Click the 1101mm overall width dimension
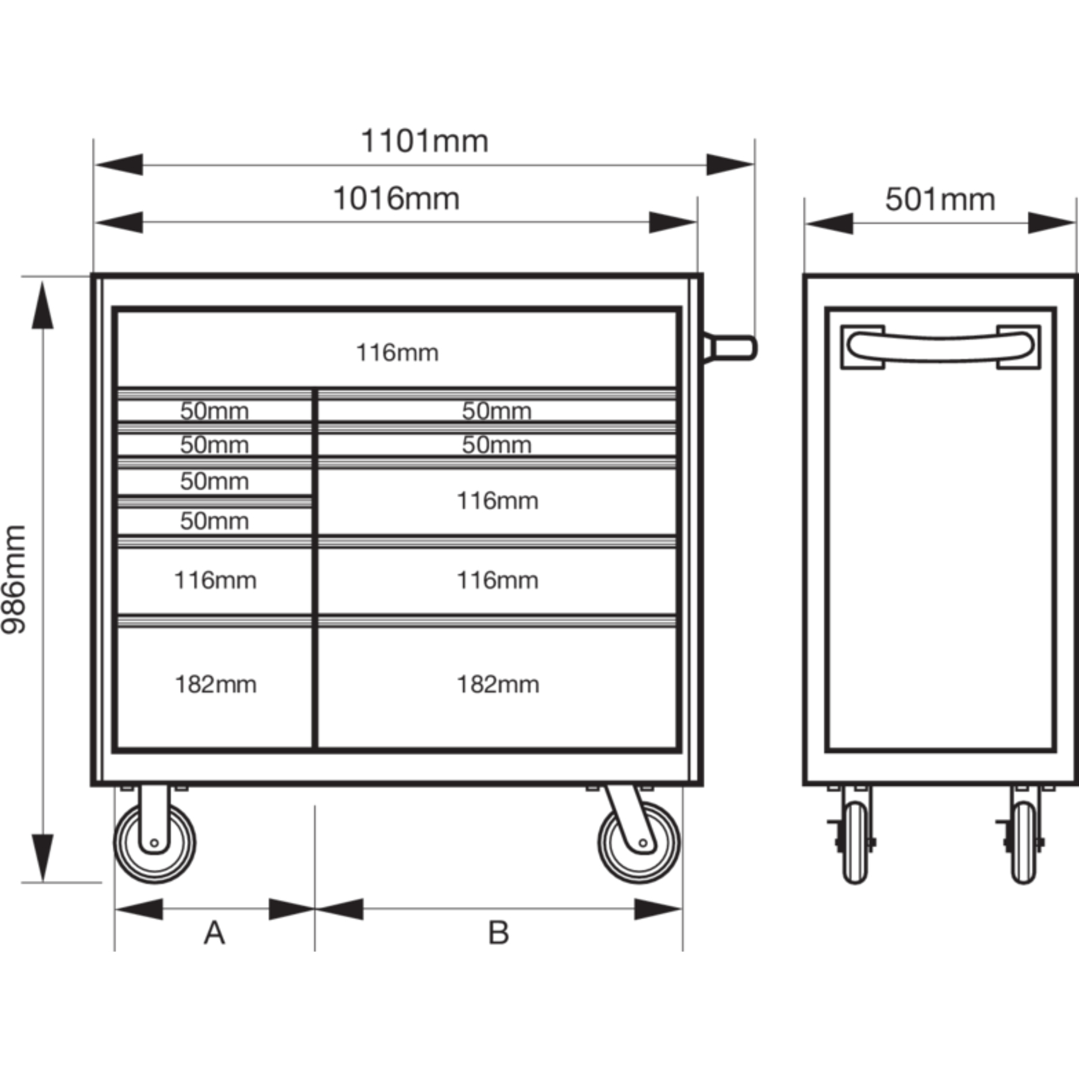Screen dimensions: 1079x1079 coord(425,142)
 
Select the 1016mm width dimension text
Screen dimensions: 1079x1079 coord(397,199)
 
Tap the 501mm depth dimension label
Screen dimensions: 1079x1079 coord(940,200)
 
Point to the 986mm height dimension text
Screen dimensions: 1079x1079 coord(14,579)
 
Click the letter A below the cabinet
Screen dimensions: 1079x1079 coord(214,933)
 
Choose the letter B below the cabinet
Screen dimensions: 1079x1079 coord(498,933)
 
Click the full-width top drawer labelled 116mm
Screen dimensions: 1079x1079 coord(397,349)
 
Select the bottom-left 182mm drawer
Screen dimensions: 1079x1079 coord(215,687)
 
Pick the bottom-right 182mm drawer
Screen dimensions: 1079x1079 coord(498,687)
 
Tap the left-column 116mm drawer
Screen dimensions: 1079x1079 coord(215,580)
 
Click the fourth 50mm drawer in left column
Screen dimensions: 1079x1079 coord(215,521)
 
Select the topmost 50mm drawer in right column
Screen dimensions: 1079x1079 coord(498,411)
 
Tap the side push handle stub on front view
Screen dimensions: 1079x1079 coord(730,348)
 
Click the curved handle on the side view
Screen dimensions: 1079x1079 coord(940,347)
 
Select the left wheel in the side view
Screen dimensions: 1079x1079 coord(855,842)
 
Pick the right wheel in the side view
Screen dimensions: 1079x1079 coord(1024,842)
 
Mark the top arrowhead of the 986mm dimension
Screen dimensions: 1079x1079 coord(42,305)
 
